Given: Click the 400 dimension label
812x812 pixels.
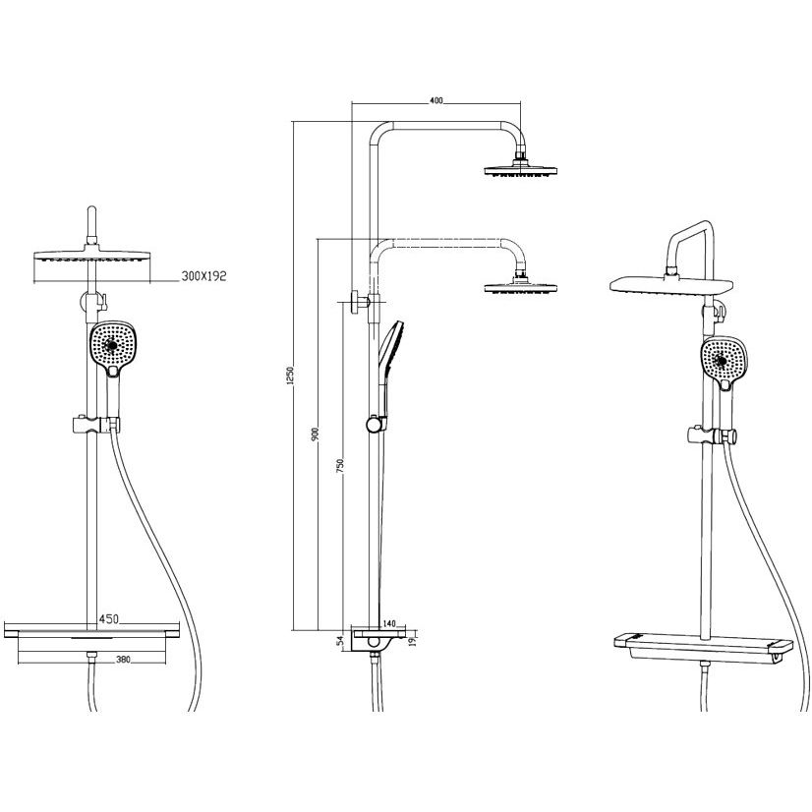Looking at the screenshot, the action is [436, 101].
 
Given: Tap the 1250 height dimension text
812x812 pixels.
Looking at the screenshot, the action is [290, 375].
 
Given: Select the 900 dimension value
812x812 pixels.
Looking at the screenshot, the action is [315, 435].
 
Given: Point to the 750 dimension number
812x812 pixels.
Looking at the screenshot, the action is [340, 466].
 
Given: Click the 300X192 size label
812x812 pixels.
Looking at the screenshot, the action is [204, 276].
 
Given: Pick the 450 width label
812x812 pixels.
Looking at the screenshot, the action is [109, 619].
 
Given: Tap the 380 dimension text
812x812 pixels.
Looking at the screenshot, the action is [123, 660].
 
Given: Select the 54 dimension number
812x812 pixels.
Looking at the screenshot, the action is [340, 641].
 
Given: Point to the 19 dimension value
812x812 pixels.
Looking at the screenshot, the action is [411, 642].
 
